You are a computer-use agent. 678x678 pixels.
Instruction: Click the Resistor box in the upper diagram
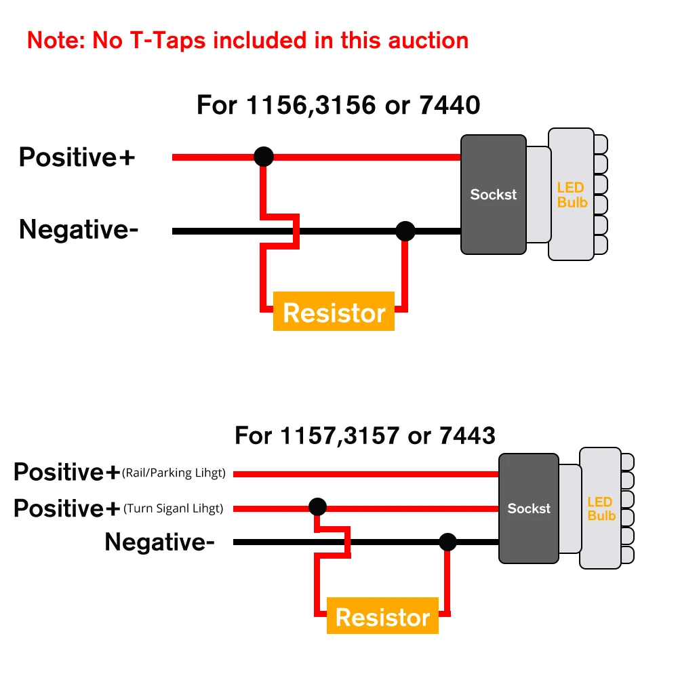coord(334,311)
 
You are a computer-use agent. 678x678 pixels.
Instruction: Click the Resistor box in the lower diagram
coord(382,616)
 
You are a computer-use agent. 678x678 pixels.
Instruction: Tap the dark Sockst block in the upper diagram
coord(494,195)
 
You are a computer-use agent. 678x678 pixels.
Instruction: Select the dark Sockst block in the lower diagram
coord(529,509)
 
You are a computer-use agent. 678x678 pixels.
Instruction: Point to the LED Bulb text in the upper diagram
coord(572,195)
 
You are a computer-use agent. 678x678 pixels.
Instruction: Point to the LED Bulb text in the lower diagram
coord(601,509)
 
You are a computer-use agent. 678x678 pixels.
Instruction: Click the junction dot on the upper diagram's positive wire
coord(264,157)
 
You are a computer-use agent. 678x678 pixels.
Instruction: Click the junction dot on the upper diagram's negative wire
coord(405,231)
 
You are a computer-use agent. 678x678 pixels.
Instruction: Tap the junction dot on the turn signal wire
coord(318,506)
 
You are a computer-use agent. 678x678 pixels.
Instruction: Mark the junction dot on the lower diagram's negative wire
coord(447,542)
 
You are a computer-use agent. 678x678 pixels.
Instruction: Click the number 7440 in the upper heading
coord(450,105)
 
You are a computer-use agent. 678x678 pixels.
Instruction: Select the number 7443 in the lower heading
coord(467,435)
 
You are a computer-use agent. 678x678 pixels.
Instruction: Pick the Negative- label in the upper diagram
coord(79,230)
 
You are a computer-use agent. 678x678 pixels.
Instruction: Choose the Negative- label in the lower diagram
coord(159,542)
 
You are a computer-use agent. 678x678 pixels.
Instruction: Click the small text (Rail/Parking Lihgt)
coord(174,473)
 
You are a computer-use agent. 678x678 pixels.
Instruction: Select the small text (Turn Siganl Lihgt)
coord(174,508)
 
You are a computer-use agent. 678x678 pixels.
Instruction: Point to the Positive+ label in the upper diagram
coord(77,157)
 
